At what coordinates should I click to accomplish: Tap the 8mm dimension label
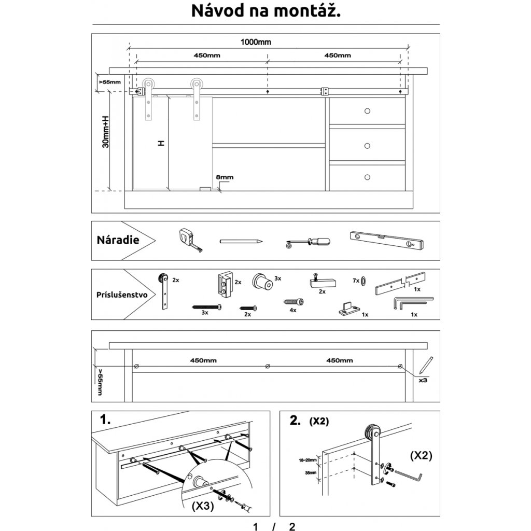(225, 177)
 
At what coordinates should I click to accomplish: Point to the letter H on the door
(161, 143)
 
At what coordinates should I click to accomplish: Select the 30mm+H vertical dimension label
(105, 131)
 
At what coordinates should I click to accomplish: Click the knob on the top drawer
(368, 111)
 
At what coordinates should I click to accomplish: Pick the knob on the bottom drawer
(368, 177)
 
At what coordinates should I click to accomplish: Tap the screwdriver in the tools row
(308, 242)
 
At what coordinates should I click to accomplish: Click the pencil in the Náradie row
(241, 241)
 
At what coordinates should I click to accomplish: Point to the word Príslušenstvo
(122, 295)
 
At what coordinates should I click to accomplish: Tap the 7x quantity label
(355, 280)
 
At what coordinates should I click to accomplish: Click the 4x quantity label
(293, 310)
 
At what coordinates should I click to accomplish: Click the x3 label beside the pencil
(423, 380)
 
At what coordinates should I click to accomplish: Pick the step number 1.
(105, 421)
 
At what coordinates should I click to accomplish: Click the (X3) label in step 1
(203, 505)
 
